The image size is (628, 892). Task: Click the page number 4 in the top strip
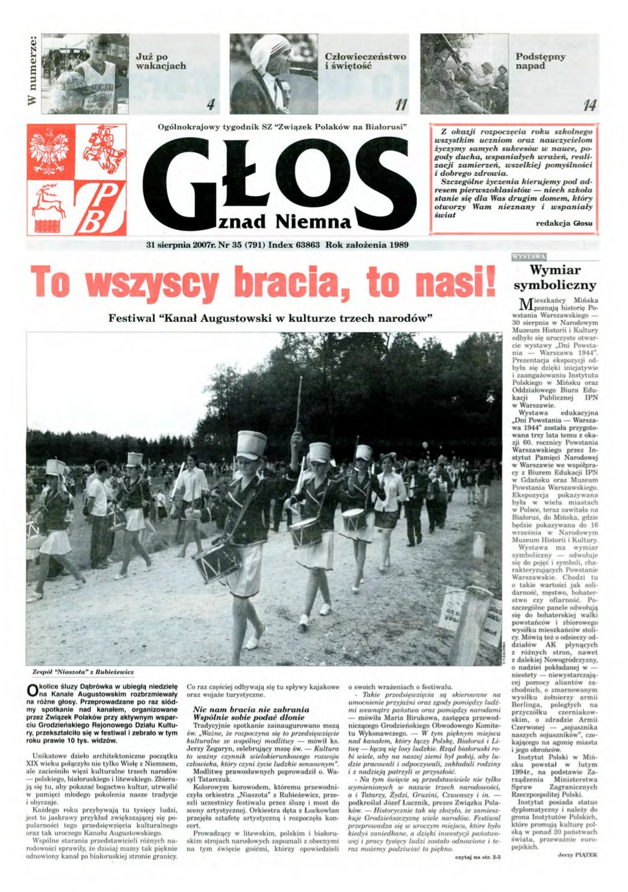(x=210, y=105)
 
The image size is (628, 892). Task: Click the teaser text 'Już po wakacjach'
(x=160, y=61)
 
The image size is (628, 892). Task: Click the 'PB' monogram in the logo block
(x=101, y=207)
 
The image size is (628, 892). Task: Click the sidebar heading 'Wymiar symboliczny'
(x=555, y=278)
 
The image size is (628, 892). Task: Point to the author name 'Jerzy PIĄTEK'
(x=577, y=854)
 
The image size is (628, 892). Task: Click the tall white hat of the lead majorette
(x=251, y=444)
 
